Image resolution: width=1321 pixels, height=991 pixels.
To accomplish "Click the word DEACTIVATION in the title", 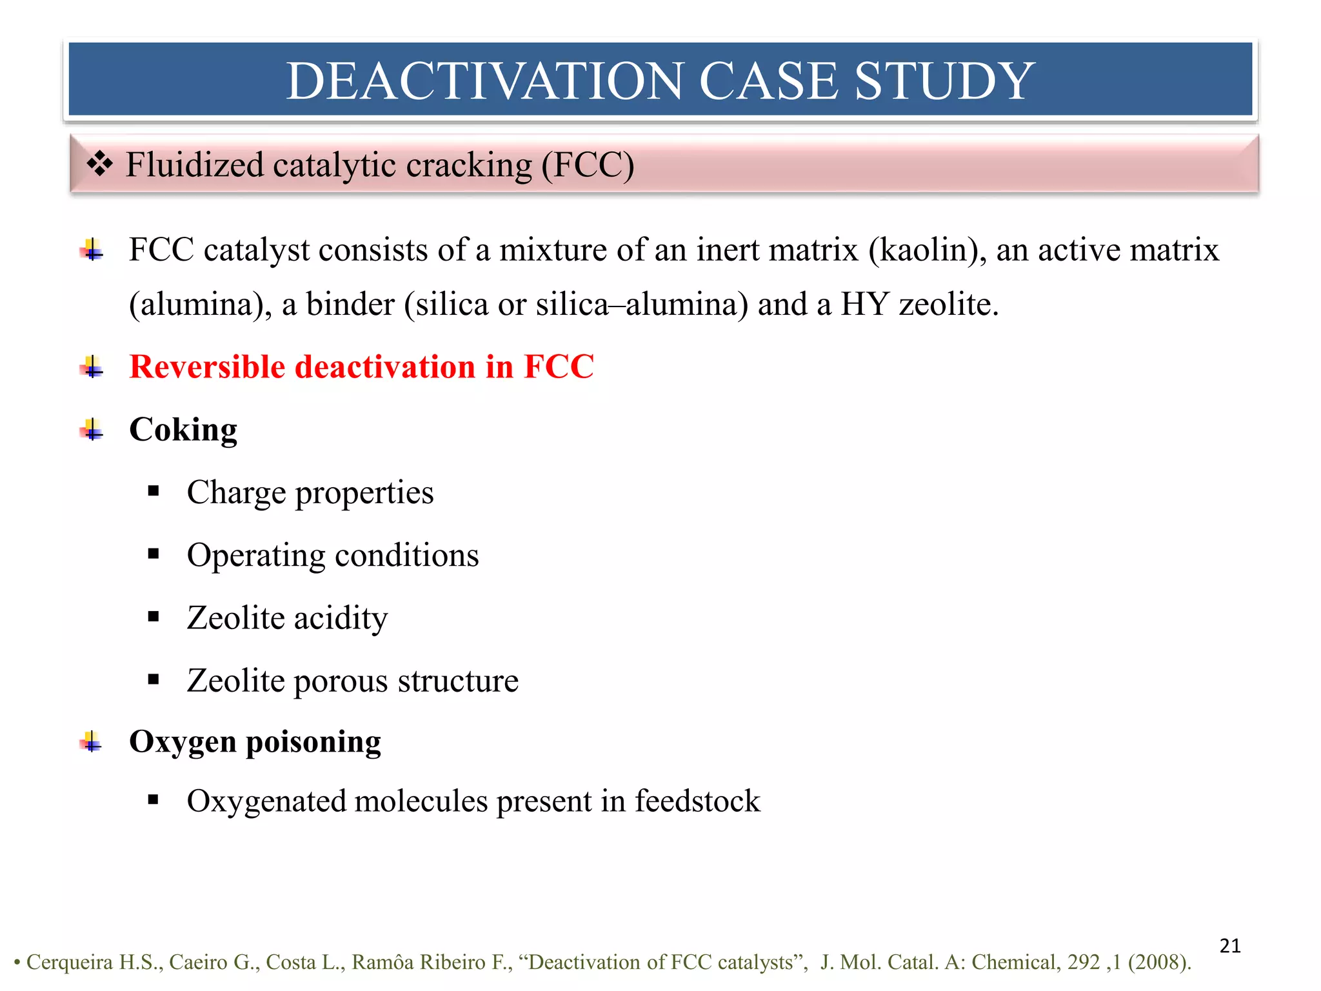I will (484, 81).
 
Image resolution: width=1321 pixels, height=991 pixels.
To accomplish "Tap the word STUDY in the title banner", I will (944, 81).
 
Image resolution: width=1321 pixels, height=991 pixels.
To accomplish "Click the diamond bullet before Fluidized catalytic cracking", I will (100, 164).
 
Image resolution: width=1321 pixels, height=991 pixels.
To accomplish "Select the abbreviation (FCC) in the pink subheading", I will (588, 165).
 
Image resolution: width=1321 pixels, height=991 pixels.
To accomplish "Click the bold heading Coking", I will (183, 430).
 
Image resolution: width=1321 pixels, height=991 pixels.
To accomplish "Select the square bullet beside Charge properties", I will (154, 492).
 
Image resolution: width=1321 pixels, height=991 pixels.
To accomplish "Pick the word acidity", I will (341, 618).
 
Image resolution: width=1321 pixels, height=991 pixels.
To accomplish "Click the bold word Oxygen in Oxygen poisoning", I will (183, 742).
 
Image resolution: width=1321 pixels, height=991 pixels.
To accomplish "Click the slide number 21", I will (1230, 946).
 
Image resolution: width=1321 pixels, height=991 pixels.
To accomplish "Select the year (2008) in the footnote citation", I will (1159, 962).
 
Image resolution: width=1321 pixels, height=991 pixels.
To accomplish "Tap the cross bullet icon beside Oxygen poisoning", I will (92, 742).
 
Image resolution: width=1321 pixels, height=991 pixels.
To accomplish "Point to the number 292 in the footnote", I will (1084, 962).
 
